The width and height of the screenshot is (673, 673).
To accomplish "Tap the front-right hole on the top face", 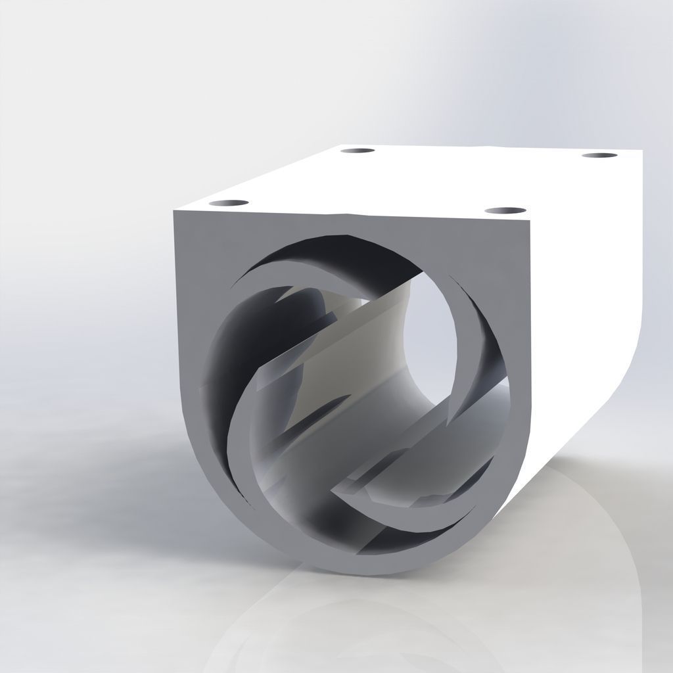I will (x=505, y=211).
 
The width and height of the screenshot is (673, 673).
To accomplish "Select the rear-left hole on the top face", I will (x=358, y=151).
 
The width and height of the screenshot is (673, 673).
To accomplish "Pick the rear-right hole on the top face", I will (x=599, y=156).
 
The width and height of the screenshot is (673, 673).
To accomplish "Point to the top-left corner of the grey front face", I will (x=175, y=212).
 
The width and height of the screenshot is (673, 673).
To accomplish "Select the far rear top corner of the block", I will (x=641, y=151).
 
